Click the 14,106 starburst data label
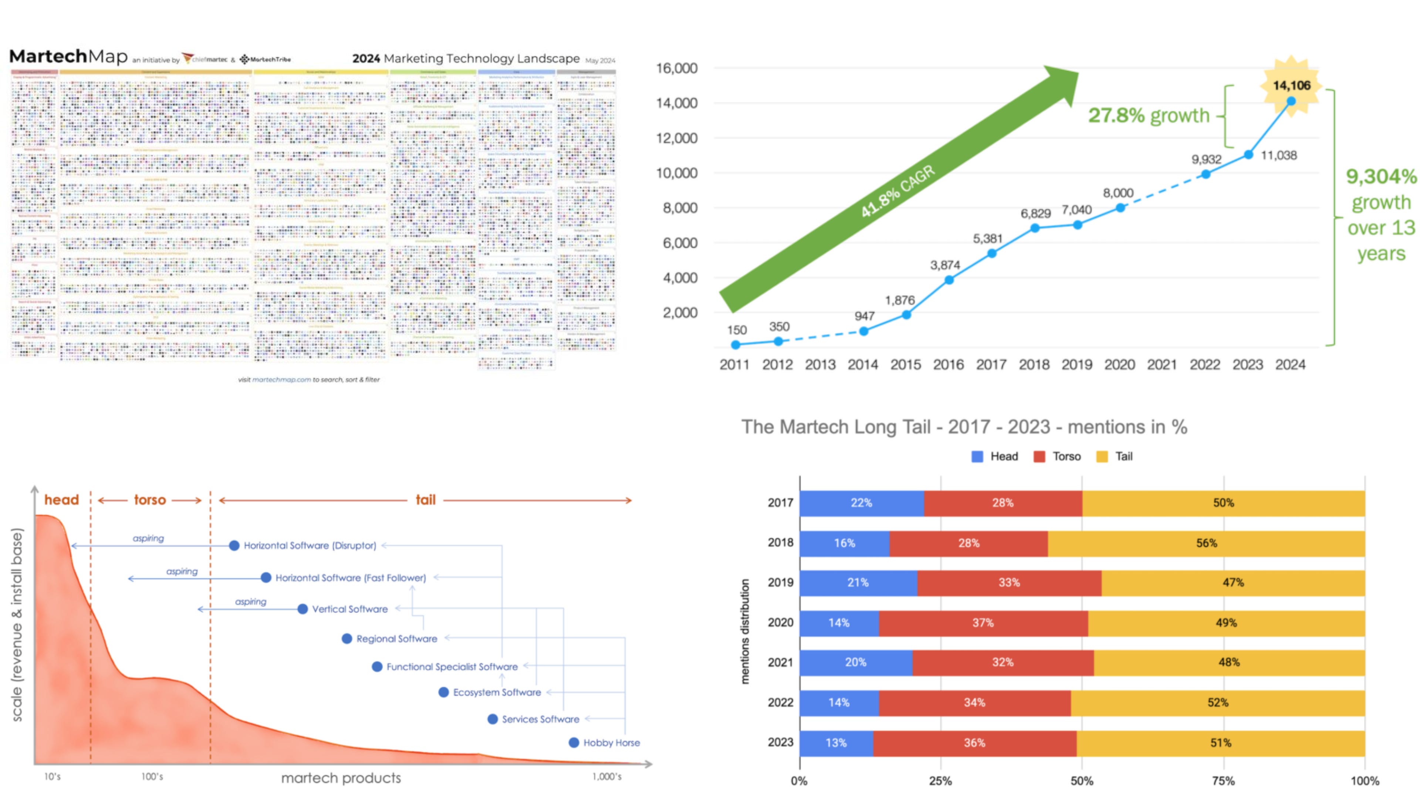click(x=1291, y=85)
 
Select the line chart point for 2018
click(x=1035, y=228)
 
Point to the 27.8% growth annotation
click(x=1149, y=116)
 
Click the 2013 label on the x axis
click(x=820, y=364)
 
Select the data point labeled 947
click(x=864, y=331)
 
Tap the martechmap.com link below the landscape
click(x=281, y=380)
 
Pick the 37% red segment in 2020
click(x=983, y=623)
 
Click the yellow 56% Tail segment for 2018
click(x=1206, y=543)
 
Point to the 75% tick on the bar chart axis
click(x=1223, y=781)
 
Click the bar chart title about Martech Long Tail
click(x=964, y=427)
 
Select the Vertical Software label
click(x=349, y=609)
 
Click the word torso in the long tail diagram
click(x=150, y=500)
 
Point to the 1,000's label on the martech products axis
click(x=607, y=777)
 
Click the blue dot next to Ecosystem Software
click(x=444, y=692)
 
